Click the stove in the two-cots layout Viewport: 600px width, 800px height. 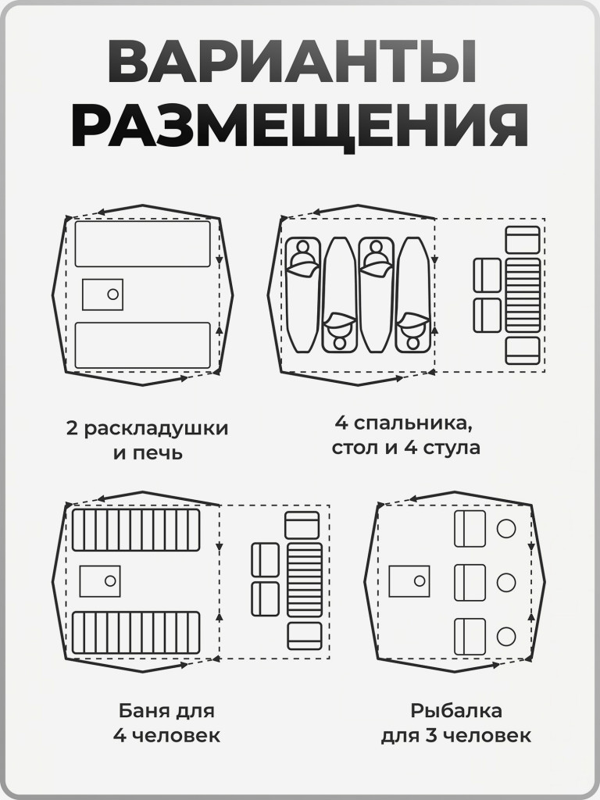102,294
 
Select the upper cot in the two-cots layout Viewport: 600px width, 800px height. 143,244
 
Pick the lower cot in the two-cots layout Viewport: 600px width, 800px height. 143,345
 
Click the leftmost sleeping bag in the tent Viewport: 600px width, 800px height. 302,295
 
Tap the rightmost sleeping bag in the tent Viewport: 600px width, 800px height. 412,295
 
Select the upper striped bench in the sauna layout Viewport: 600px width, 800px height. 136,530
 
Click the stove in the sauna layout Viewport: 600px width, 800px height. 99,580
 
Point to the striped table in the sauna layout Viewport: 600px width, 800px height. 304,580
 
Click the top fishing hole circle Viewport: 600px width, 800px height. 506,529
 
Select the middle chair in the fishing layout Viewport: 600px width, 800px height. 470,580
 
